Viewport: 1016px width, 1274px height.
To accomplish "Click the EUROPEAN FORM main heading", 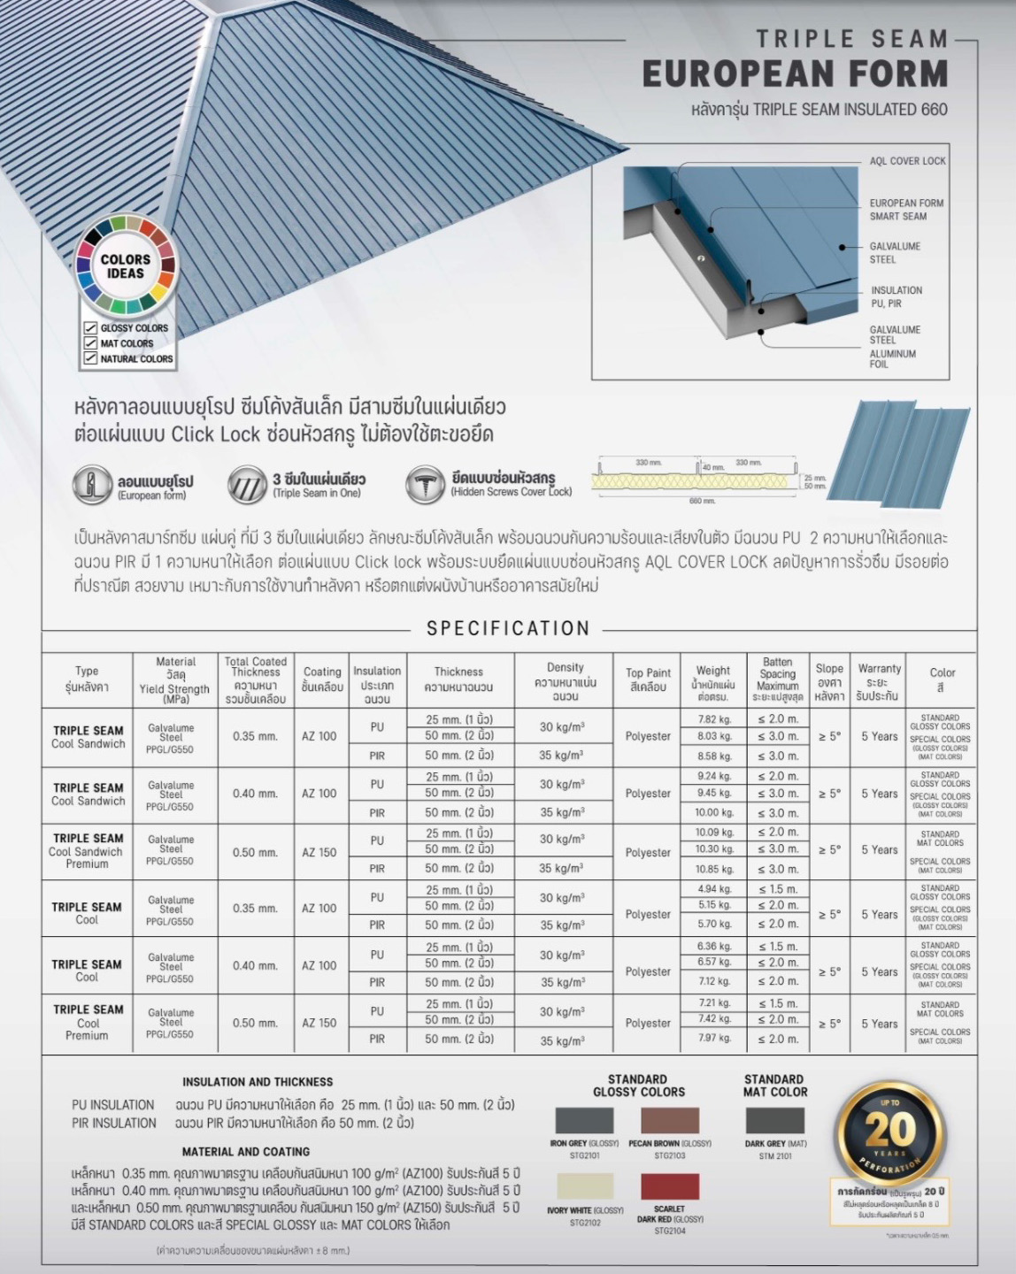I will coord(795,73).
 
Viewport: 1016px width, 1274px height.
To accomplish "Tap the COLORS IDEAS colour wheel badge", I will coord(126,266).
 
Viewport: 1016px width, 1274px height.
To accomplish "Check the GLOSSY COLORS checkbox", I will coord(90,328).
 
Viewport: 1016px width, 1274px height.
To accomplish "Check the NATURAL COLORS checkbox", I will coord(90,358).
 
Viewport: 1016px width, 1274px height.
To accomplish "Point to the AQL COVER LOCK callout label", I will coord(907,161).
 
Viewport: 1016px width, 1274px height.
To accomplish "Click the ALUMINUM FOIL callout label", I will coord(892,358).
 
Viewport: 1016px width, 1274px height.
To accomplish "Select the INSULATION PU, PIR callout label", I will coord(896,296).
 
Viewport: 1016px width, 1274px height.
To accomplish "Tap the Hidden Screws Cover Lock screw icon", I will coord(425,486).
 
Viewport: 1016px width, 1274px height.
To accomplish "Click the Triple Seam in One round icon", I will coord(247,486).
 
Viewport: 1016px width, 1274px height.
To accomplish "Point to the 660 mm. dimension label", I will coord(701,501).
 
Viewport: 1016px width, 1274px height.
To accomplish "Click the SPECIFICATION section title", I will coord(508,629).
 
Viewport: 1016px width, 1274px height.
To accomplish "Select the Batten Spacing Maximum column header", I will coord(777,679).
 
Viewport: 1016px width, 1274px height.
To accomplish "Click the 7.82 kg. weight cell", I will coord(713,719).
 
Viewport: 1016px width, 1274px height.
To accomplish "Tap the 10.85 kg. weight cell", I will coord(713,869).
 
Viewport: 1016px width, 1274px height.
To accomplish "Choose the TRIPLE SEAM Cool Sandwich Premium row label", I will coord(87,851).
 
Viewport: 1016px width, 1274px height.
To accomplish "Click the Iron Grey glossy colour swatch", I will coord(584,1120).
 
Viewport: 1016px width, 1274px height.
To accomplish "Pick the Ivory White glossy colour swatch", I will coord(584,1186).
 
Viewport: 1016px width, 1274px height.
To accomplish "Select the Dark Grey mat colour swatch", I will coord(775,1120).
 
